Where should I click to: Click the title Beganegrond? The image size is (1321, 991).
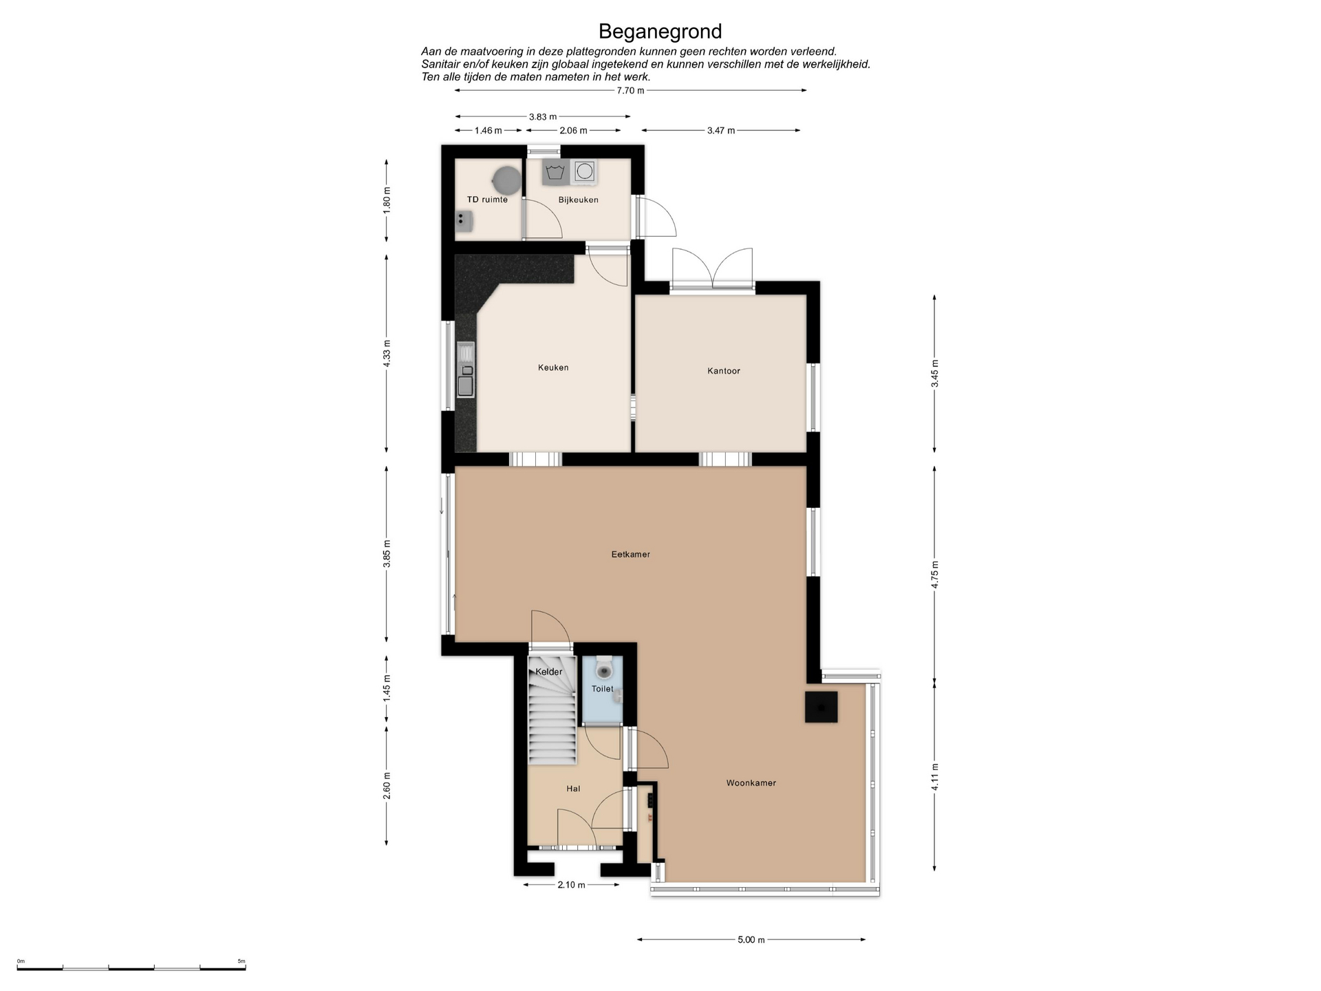click(x=660, y=32)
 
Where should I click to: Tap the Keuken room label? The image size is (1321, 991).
click(x=553, y=367)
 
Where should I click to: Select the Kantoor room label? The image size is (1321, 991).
click(x=724, y=371)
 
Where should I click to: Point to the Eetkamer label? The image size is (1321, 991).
click(x=630, y=554)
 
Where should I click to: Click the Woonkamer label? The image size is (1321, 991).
click(x=751, y=782)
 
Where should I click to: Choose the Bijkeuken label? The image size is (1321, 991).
click(x=578, y=200)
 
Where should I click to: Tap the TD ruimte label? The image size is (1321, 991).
click(x=487, y=200)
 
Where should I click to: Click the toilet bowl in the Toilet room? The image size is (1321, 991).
click(x=604, y=668)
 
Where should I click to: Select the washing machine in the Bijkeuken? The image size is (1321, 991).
click(x=585, y=171)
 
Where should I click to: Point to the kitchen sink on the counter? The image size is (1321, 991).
click(x=466, y=370)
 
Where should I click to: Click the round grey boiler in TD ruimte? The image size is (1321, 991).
click(x=506, y=180)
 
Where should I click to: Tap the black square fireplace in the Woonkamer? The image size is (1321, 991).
click(x=821, y=707)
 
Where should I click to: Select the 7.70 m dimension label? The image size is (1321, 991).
click(x=630, y=91)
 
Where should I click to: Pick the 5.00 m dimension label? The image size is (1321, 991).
click(x=751, y=940)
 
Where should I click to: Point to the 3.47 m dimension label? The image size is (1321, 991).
click(x=721, y=131)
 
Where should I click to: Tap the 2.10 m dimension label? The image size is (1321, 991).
click(x=571, y=885)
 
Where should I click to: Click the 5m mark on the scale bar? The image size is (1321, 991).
click(x=241, y=961)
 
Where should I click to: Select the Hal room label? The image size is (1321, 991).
click(x=573, y=789)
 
